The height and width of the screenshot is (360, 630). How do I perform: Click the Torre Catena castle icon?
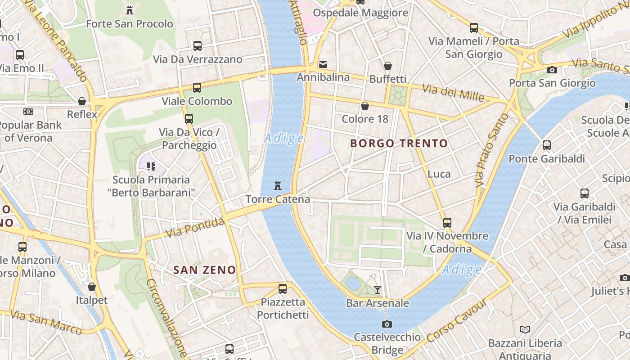[x=278, y=185]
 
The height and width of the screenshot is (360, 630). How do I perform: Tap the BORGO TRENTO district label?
[x=399, y=144]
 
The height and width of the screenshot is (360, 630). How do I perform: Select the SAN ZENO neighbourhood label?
[x=205, y=270]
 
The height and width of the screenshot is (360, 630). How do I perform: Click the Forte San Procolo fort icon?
[x=130, y=10]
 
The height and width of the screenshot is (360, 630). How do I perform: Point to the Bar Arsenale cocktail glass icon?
[x=378, y=289]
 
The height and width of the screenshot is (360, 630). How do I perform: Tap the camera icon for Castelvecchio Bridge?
[x=387, y=324]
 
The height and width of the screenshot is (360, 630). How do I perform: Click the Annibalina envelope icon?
[x=323, y=64]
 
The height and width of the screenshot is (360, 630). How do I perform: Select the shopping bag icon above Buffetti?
[x=387, y=66]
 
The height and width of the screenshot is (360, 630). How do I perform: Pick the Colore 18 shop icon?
[x=364, y=106]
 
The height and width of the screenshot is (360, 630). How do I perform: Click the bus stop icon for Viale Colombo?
[x=197, y=88]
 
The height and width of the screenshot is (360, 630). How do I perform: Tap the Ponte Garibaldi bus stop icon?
[x=546, y=145]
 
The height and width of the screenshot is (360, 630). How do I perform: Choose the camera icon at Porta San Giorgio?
[x=552, y=70]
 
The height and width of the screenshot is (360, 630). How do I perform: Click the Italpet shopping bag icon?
[x=92, y=287]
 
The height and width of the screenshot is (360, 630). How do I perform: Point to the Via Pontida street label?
[x=194, y=228]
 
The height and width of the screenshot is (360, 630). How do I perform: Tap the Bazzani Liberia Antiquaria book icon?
[x=525, y=329]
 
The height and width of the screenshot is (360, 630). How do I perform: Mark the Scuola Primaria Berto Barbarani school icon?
[x=151, y=166]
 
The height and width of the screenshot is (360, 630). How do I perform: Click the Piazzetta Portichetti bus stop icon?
[x=283, y=288]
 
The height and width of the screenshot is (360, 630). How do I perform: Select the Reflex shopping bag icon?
[x=82, y=101]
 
